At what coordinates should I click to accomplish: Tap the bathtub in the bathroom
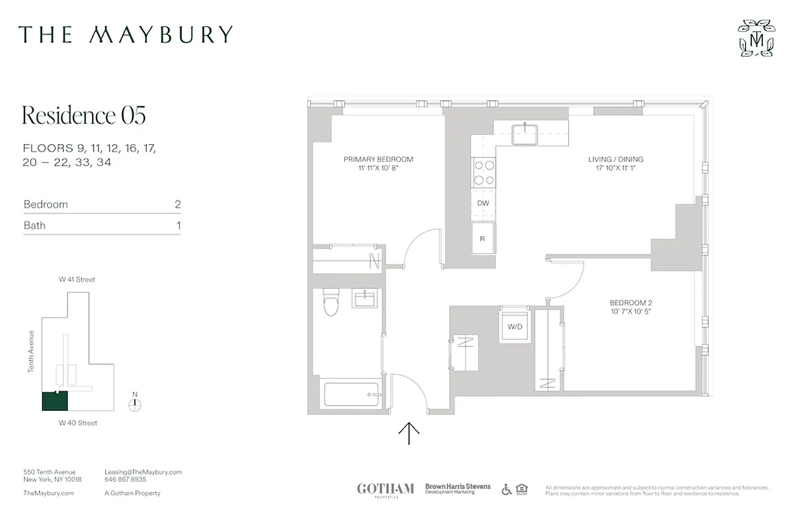coord(351,394)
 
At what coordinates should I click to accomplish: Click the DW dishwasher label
coord(483,204)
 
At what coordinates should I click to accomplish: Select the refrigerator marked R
coord(482,238)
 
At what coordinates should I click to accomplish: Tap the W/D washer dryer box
coord(515,326)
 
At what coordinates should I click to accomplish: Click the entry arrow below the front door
coord(409,433)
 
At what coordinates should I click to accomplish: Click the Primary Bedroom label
coord(378,159)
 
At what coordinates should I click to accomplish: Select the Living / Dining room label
coord(615,159)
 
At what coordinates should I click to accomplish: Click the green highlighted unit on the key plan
coord(55,401)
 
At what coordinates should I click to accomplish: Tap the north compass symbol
coord(134,404)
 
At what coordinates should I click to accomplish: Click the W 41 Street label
coord(77,280)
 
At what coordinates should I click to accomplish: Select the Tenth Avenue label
coord(30,352)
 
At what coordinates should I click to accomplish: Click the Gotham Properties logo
coord(386,490)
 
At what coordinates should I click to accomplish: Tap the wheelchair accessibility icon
coord(506,490)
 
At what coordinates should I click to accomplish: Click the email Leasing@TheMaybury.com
coord(143,472)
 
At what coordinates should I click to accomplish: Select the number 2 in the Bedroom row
coord(177,204)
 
